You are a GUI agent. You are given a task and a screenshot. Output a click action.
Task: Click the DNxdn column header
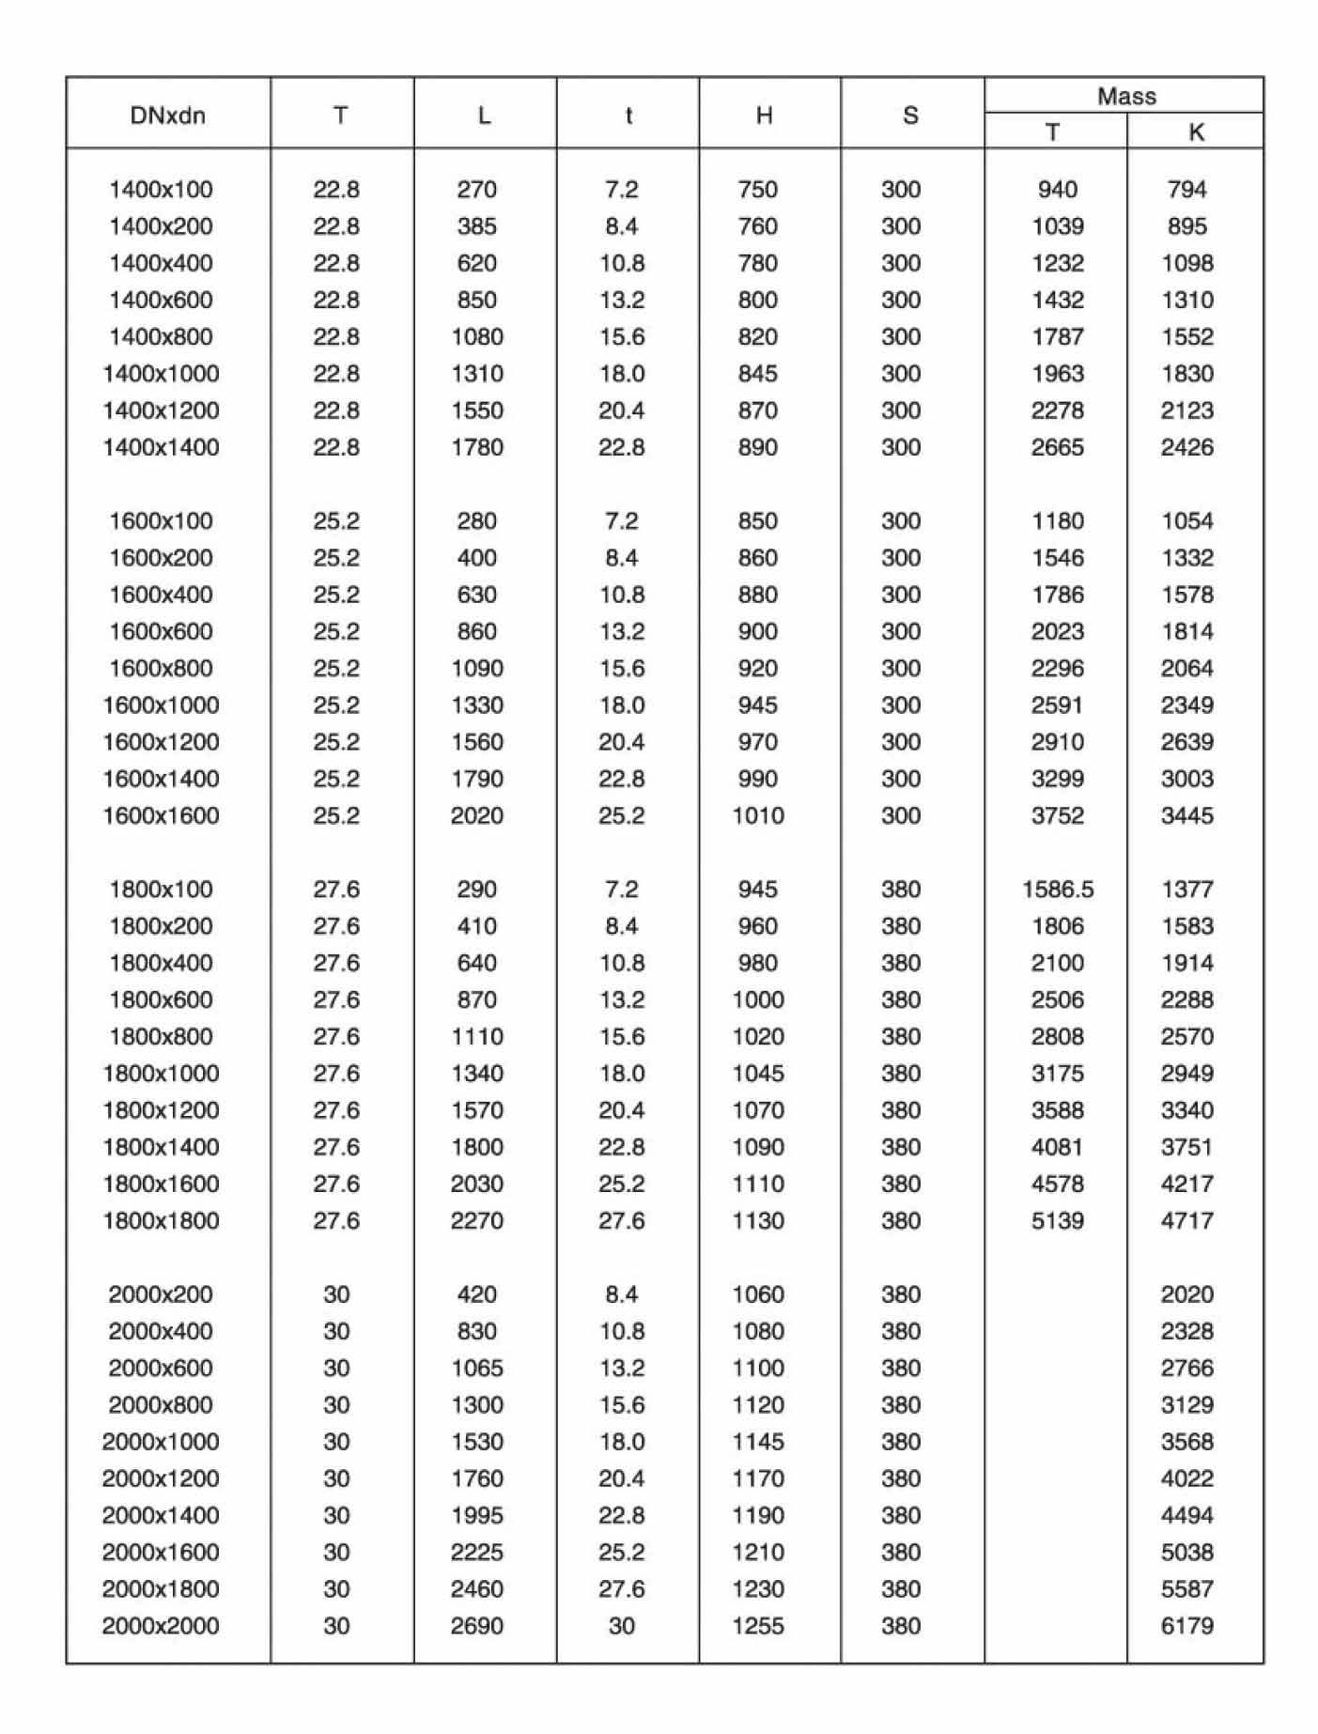167,116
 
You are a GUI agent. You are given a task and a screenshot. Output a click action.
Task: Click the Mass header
1125,96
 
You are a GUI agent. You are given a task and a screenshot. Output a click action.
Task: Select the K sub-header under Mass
1195,132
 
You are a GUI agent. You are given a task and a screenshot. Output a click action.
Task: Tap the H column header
764,116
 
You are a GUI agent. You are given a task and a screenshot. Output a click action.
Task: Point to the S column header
909,116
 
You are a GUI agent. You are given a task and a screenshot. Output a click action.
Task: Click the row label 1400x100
161,190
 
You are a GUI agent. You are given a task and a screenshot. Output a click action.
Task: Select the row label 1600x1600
161,815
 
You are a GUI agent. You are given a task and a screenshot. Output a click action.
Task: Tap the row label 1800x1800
161,1220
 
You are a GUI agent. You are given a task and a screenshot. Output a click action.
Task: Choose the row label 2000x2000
161,1626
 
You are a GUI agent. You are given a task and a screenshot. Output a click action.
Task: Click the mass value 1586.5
1058,889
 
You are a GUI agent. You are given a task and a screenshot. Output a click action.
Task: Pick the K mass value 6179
1186,1626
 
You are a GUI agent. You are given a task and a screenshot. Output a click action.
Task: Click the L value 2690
476,1626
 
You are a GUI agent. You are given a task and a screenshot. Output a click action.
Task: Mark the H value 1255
757,1626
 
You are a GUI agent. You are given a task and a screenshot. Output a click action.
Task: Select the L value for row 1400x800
476,336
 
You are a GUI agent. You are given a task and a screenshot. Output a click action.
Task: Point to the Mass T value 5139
1058,1220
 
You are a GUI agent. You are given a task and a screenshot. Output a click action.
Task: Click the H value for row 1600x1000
757,704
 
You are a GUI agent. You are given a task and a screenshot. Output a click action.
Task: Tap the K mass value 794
1186,190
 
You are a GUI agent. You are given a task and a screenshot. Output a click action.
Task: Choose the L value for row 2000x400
476,1331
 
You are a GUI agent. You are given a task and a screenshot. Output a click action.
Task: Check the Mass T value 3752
1058,815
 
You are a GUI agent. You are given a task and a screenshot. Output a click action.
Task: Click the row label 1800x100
161,889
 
